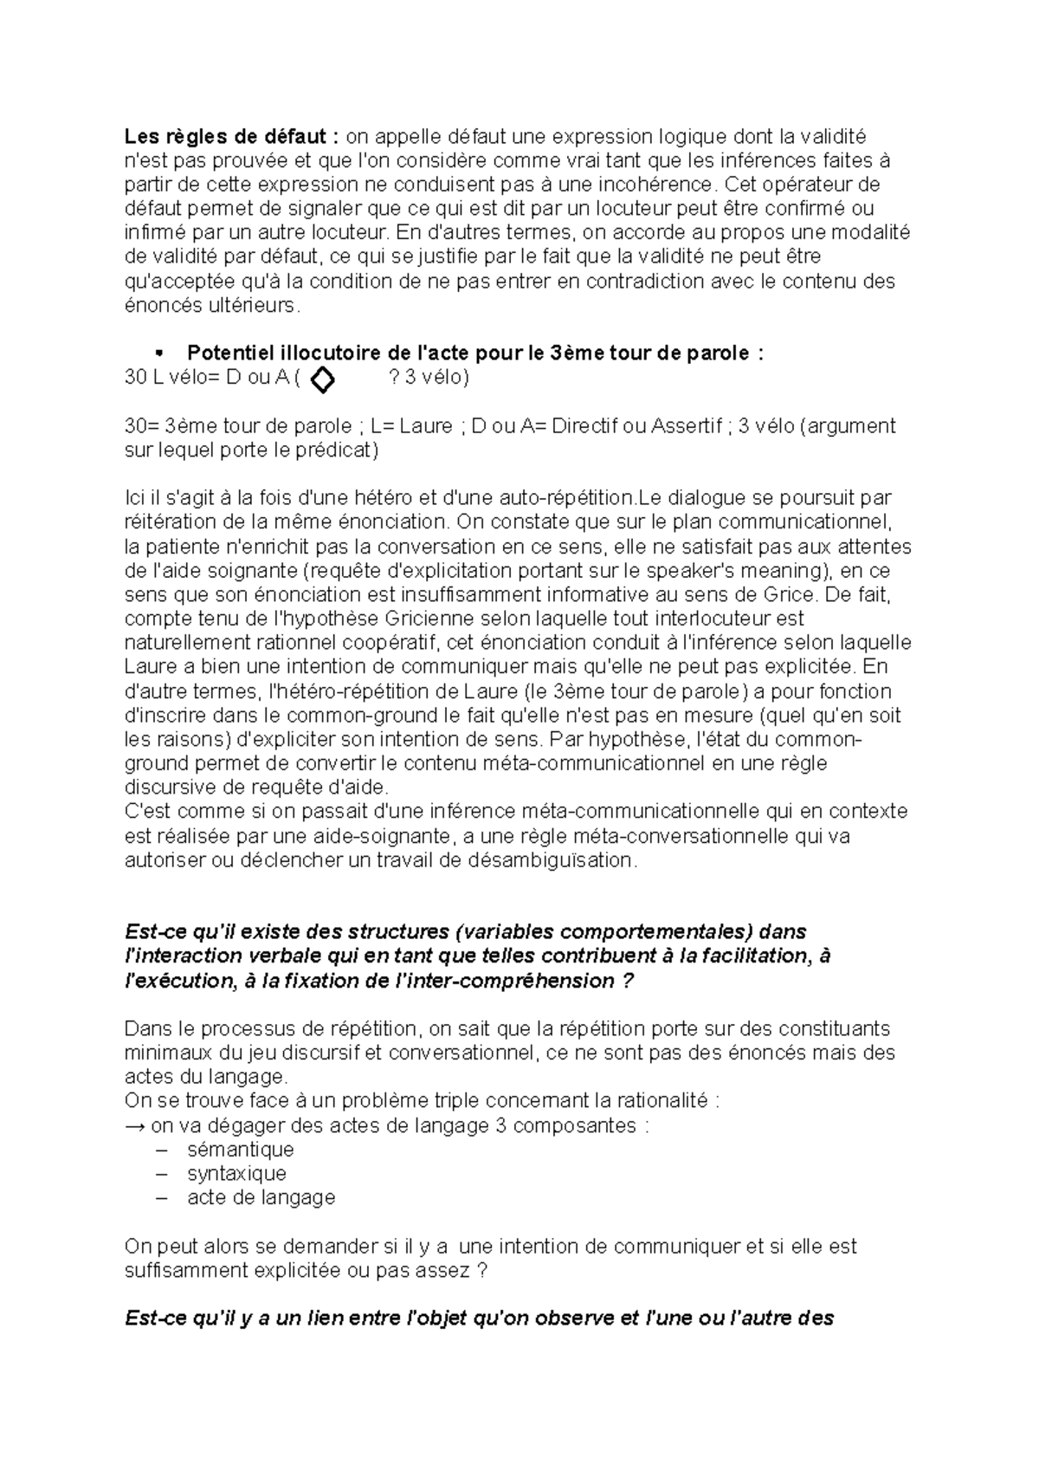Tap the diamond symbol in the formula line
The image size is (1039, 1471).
pos(322,379)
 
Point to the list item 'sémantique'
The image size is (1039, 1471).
pos(240,1150)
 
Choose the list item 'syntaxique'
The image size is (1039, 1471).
pos(236,1174)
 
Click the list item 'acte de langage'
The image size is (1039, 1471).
pos(261,1198)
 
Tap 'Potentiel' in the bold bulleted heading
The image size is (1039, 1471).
pos(228,353)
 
